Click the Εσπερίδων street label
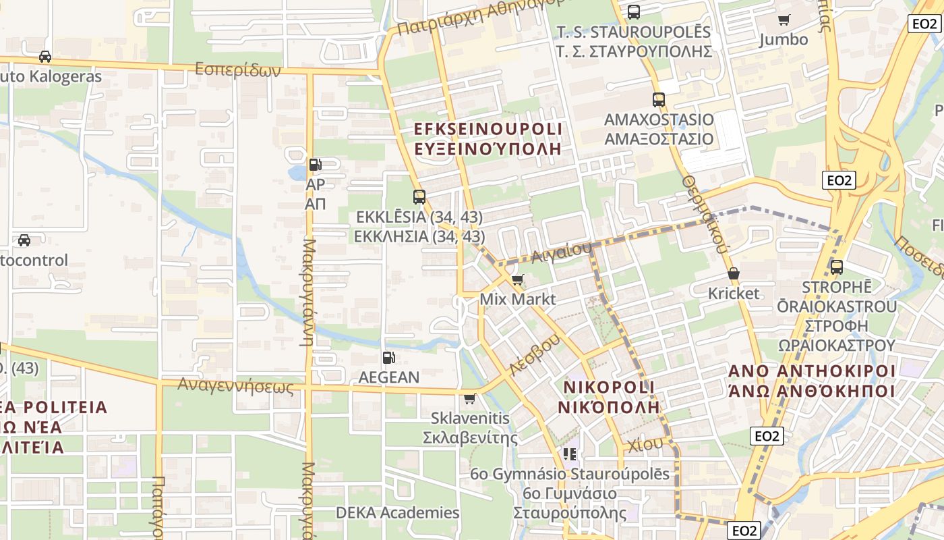click(237, 70)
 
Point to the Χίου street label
click(645, 444)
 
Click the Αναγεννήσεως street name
click(236, 386)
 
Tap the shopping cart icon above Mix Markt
click(518, 279)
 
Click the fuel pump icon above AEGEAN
click(388, 358)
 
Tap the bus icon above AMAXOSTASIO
click(659, 100)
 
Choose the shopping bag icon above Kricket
click(734, 274)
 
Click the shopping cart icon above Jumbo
click(784, 20)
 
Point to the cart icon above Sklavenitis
click(470, 398)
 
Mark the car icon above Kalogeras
click(45, 57)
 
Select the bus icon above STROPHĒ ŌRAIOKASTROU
click(837, 267)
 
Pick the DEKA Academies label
click(398, 512)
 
